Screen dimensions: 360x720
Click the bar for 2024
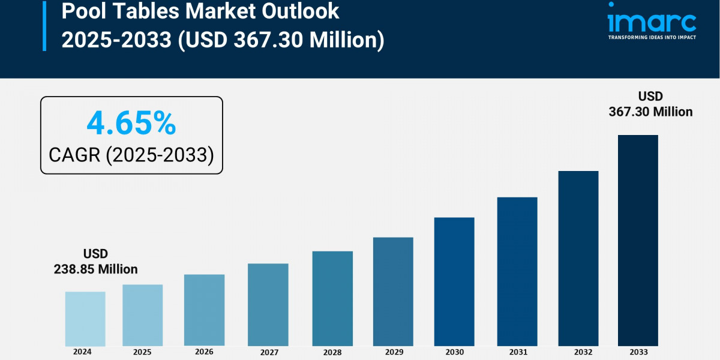(85, 319)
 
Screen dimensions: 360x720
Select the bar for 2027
(268, 304)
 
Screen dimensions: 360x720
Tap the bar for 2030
(454, 281)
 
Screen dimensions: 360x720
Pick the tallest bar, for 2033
(638, 240)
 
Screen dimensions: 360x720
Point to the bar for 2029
(392, 292)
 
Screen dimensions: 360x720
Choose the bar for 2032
(578, 258)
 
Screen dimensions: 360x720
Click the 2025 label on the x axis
(142, 352)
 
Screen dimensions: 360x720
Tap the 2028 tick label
(332, 352)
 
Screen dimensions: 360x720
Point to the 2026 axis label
(204, 352)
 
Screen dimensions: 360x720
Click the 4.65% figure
(131, 124)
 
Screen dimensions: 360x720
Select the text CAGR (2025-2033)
(131, 155)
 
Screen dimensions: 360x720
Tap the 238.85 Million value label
(96, 269)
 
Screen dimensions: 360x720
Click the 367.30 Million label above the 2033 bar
(650, 112)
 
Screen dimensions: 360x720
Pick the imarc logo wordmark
(652, 23)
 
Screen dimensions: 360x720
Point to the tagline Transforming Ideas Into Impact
(652, 37)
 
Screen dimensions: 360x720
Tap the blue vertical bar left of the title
(44, 25)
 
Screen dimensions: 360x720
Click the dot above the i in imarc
(611, 5)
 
